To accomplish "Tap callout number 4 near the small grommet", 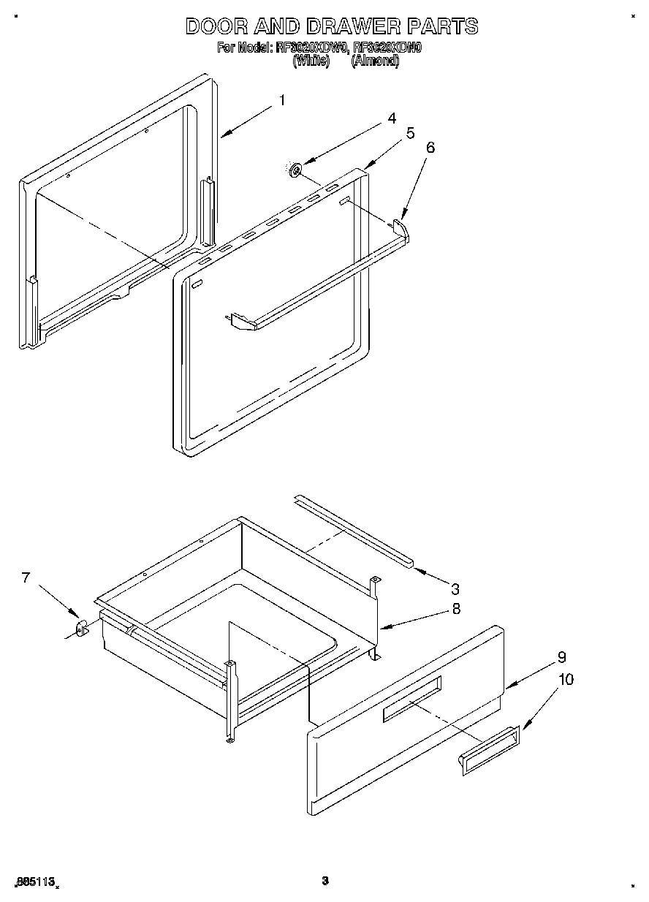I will pos(392,118).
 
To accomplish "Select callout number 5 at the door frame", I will pos(411,133).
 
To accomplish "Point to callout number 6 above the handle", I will pos(430,148).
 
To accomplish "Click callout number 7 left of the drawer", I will pos(26,578).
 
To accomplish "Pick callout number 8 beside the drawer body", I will pos(456,608).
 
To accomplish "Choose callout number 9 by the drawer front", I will pos(561,657).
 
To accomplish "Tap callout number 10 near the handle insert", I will pos(566,680).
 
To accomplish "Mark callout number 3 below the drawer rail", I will pos(455,588).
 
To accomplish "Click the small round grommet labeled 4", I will pos(296,170).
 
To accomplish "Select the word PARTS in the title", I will pos(442,27).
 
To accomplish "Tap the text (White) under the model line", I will pos(311,61).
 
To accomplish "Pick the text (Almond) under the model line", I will pos(375,61).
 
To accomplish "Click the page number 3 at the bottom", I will pos(325,881).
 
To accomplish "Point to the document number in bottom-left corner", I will pos(35,882).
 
